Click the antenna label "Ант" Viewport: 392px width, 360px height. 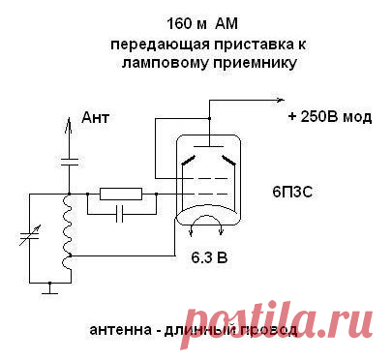point(97,117)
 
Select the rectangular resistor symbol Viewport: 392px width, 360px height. point(122,194)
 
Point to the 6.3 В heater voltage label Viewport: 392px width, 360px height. point(208,258)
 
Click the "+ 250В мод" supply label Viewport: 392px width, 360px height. point(329,117)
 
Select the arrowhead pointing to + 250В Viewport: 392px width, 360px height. point(280,100)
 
